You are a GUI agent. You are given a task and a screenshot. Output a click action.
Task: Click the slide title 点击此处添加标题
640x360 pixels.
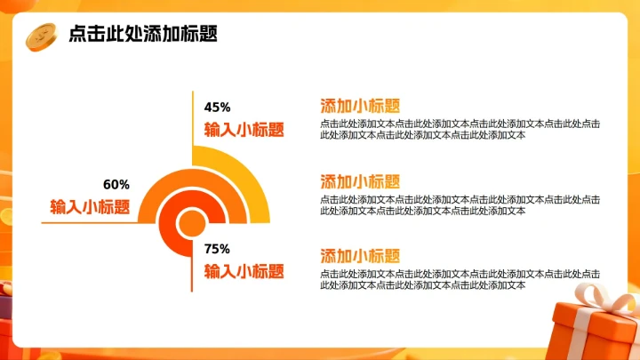click(143, 34)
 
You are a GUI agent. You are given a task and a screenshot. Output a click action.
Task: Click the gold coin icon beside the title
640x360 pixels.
click(41, 35)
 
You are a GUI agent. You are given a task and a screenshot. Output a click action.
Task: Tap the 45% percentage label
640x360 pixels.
click(218, 108)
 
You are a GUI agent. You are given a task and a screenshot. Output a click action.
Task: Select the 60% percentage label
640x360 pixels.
click(116, 185)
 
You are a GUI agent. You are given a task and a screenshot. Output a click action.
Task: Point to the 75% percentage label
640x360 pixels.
click(217, 249)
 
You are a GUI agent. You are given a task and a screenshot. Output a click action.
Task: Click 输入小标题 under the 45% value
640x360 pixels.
click(244, 129)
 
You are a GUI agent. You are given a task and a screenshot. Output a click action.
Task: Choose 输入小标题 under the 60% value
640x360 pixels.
click(90, 207)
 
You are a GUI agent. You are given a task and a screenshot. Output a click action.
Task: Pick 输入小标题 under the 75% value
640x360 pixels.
click(244, 271)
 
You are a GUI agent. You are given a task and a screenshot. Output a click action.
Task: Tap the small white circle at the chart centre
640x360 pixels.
click(191, 222)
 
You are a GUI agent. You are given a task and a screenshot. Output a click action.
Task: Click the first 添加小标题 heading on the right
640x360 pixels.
click(360, 105)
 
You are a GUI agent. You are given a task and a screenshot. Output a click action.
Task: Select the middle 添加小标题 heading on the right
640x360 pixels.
click(360, 180)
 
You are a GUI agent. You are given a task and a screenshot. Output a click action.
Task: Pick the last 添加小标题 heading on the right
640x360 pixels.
click(360, 255)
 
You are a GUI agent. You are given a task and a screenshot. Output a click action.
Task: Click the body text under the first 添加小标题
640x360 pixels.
click(459, 130)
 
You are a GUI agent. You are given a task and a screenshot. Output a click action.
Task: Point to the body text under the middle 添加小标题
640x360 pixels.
click(459, 205)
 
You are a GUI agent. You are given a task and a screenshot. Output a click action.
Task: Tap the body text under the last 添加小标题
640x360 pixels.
click(459, 280)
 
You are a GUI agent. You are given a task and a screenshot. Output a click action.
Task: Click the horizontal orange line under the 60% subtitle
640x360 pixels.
click(89, 222)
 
